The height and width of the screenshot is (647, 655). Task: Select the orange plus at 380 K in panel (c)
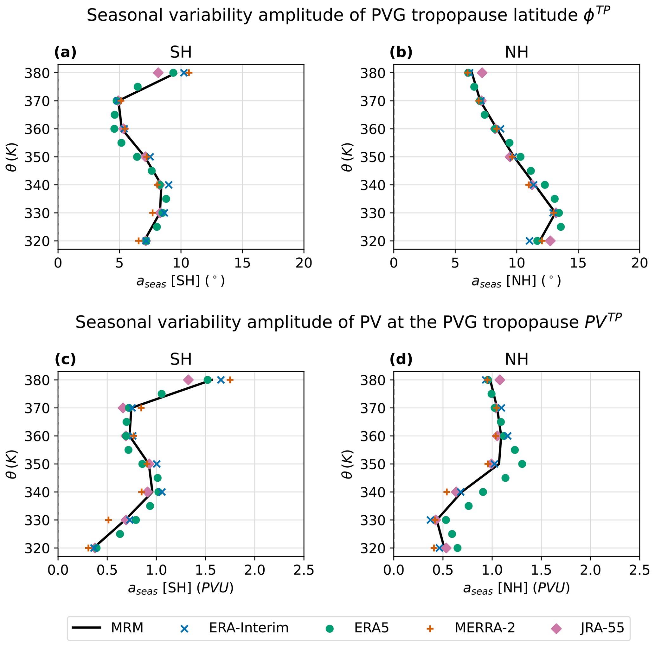230,380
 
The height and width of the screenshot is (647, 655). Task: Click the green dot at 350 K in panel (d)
522,464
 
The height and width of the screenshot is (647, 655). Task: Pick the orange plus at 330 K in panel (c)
108,520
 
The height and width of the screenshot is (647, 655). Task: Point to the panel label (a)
65,52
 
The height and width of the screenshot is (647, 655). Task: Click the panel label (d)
401,360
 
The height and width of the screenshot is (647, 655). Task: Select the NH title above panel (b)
517,52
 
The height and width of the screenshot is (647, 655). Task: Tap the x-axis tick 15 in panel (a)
242,263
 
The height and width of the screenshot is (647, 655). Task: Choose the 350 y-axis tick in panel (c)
35,464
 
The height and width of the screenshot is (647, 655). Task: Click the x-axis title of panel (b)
516,281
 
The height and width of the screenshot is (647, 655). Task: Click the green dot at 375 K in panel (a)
138,87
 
